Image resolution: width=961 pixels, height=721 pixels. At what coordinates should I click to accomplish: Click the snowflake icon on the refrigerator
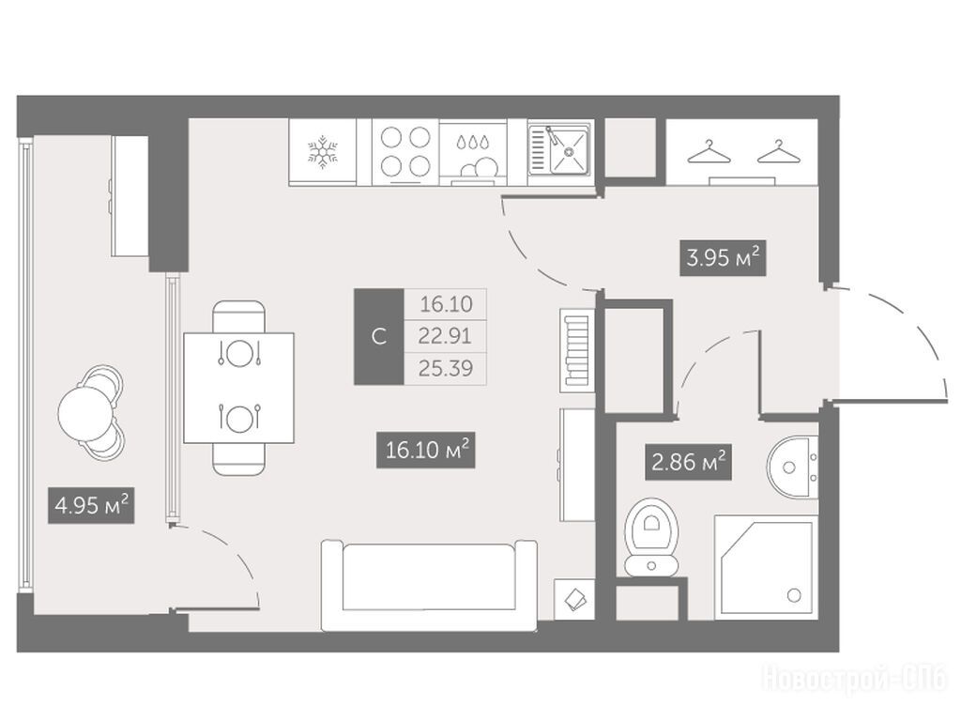click(323, 151)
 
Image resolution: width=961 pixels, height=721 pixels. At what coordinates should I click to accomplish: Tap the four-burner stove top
click(405, 152)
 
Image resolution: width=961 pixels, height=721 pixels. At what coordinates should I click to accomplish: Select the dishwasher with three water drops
click(474, 152)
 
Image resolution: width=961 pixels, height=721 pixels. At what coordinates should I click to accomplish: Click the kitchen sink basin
click(569, 151)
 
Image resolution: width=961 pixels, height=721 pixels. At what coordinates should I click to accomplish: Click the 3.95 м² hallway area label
click(724, 258)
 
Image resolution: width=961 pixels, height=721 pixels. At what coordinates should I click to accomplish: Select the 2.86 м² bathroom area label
click(689, 462)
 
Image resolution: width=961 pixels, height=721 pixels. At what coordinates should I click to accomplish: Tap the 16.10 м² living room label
click(426, 451)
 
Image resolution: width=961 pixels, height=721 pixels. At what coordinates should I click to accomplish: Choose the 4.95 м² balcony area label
click(91, 506)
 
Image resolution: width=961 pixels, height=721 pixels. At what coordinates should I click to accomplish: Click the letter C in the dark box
click(379, 337)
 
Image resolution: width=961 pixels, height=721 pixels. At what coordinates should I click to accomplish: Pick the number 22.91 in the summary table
click(445, 336)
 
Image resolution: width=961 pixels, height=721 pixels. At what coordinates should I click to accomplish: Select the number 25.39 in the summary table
click(446, 368)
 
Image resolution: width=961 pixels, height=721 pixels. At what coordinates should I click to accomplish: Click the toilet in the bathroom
click(651, 537)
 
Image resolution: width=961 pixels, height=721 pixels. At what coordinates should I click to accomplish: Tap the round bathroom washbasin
click(792, 468)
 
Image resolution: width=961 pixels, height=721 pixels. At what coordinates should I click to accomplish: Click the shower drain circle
click(794, 594)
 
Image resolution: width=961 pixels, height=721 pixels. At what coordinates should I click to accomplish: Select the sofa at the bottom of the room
click(429, 585)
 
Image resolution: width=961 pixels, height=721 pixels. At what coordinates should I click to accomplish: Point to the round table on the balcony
click(86, 413)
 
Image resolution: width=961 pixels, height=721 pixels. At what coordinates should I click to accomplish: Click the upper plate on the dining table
click(239, 353)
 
